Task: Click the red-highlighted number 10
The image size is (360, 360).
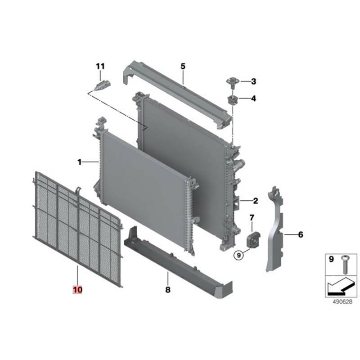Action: pyautogui.click(x=77, y=289)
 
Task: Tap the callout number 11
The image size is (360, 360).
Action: pyautogui.click(x=100, y=66)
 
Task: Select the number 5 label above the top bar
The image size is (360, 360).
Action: pyautogui.click(x=183, y=66)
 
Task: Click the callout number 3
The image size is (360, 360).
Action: pyautogui.click(x=253, y=81)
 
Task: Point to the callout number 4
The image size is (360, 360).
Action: pyautogui.click(x=253, y=99)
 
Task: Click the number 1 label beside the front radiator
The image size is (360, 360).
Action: pyautogui.click(x=80, y=162)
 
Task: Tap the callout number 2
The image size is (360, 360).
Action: pyautogui.click(x=256, y=201)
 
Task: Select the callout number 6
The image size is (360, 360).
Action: pyautogui.click(x=301, y=234)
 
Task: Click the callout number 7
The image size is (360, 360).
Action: pyautogui.click(x=252, y=217)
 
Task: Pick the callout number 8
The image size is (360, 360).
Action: pyautogui.click(x=168, y=289)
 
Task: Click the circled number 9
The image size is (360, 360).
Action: pyautogui.click(x=239, y=255)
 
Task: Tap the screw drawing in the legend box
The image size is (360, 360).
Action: pyautogui.click(x=345, y=265)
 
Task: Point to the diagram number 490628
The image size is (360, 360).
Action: pyautogui.click(x=342, y=301)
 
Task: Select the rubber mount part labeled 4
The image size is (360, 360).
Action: pyautogui.click(x=233, y=100)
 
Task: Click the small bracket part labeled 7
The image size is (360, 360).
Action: pyautogui.click(x=253, y=240)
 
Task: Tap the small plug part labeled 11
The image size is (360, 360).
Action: pyautogui.click(x=103, y=85)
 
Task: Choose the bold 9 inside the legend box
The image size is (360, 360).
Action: pyautogui.click(x=331, y=259)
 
